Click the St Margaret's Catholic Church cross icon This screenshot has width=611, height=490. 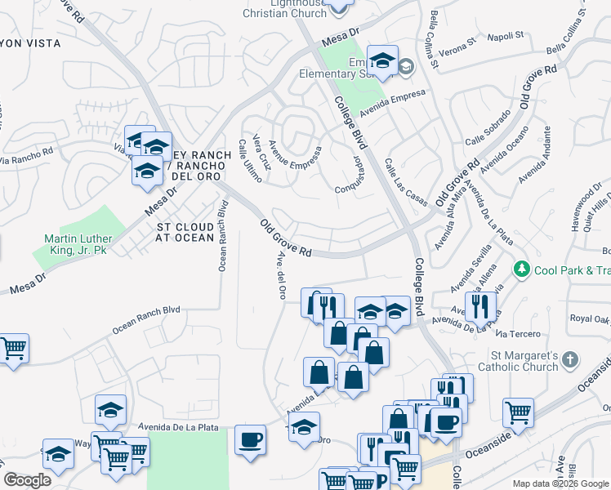click(x=571, y=359)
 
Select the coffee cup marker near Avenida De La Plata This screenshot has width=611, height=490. click(x=250, y=439)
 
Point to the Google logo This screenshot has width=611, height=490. click(x=27, y=480)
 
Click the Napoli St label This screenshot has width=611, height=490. click(x=506, y=36)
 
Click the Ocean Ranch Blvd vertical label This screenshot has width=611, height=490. click(x=222, y=236)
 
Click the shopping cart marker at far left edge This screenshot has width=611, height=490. click(x=13, y=349)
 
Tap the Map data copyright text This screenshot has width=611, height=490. click(x=560, y=483)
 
